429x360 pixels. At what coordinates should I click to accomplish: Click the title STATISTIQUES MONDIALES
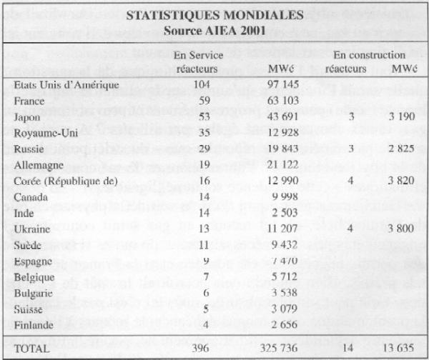(x=214, y=16)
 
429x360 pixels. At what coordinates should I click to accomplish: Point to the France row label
(x=31, y=100)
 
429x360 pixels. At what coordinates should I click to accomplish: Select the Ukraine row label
(x=34, y=226)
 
